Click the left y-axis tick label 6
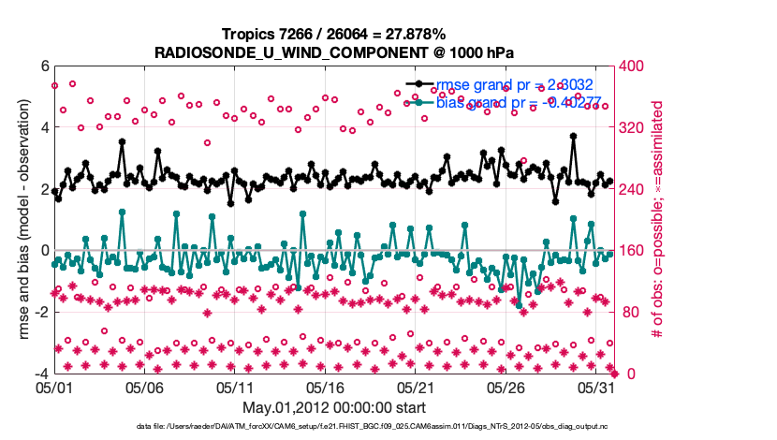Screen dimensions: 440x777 [43, 66]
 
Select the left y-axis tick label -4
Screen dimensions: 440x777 [40, 374]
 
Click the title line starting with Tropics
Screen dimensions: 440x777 [334, 33]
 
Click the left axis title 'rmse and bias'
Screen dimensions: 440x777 [20, 220]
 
